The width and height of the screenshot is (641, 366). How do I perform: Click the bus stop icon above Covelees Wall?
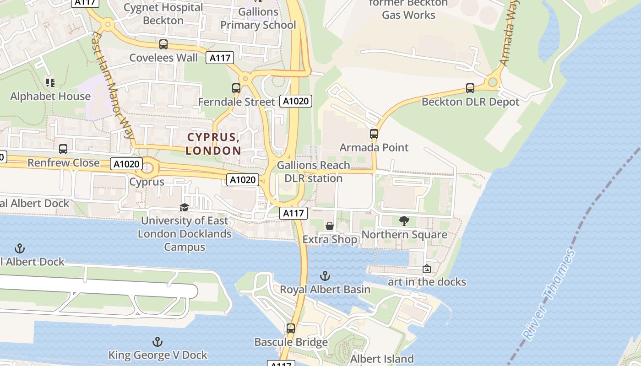click(x=163, y=44)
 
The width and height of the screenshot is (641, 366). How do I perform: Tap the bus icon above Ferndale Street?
click(x=236, y=88)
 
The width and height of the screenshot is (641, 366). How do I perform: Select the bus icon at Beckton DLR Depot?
click(x=470, y=88)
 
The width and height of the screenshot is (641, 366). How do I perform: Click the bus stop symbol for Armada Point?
click(x=374, y=134)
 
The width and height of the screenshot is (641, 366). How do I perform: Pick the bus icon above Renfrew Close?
click(x=63, y=149)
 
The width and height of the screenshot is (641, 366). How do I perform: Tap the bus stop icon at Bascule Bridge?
click(x=291, y=328)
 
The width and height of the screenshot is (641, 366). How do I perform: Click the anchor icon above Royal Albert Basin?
click(x=325, y=276)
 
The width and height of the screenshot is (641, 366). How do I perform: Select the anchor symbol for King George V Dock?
click(x=158, y=342)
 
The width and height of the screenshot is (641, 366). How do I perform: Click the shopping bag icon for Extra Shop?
click(x=329, y=226)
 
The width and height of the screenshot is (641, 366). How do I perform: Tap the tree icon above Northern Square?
click(x=404, y=221)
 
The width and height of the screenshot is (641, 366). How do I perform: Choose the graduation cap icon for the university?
click(x=185, y=207)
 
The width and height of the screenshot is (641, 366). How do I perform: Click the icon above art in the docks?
click(x=427, y=269)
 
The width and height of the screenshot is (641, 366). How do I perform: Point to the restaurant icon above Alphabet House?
click(x=50, y=83)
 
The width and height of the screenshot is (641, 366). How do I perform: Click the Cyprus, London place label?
click(x=213, y=144)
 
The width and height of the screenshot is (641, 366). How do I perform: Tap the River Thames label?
click(x=548, y=295)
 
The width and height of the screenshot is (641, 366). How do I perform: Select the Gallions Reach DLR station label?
click(x=314, y=172)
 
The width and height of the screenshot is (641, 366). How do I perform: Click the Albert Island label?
click(x=382, y=359)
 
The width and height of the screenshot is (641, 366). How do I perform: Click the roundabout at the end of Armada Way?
click(x=493, y=82)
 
